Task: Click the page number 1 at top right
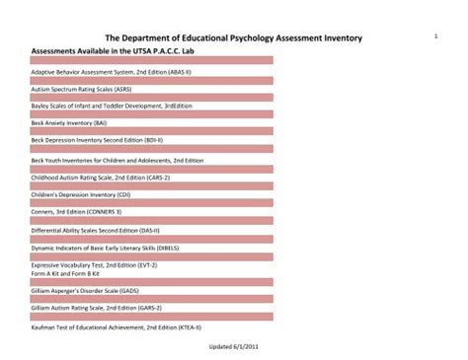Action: (434, 36)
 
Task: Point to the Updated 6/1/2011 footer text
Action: (234, 346)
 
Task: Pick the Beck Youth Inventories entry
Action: (117, 160)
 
